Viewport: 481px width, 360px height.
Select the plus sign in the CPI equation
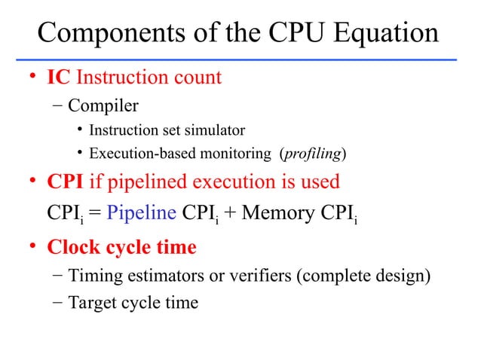point(229,212)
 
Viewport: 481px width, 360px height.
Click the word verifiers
point(258,276)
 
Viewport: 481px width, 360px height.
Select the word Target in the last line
point(91,303)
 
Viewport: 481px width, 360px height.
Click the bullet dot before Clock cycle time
point(32,247)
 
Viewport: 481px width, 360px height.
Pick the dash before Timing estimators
point(58,276)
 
